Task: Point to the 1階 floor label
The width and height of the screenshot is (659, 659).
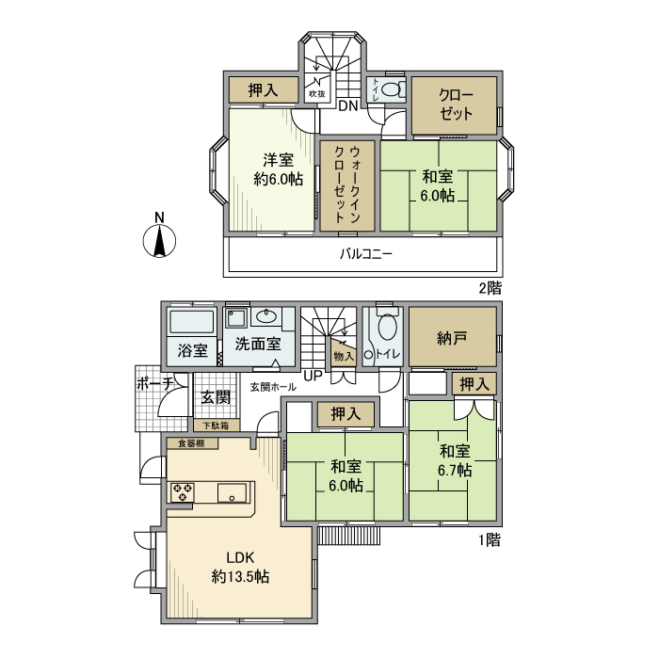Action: point(488,540)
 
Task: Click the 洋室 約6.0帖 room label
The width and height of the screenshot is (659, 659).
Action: point(271,169)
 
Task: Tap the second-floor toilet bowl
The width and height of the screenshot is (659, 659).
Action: point(394,92)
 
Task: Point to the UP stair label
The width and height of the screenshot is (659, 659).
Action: point(313,377)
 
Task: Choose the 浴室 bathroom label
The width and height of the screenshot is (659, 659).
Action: point(192,351)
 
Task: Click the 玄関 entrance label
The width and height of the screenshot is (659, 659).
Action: point(216,397)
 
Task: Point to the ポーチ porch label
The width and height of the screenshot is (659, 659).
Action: point(154,384)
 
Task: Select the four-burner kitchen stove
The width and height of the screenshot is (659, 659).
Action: point(183,491)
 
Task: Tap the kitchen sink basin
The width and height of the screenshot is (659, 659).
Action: point(232,492)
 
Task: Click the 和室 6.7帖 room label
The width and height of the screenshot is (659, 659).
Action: point(455,460)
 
